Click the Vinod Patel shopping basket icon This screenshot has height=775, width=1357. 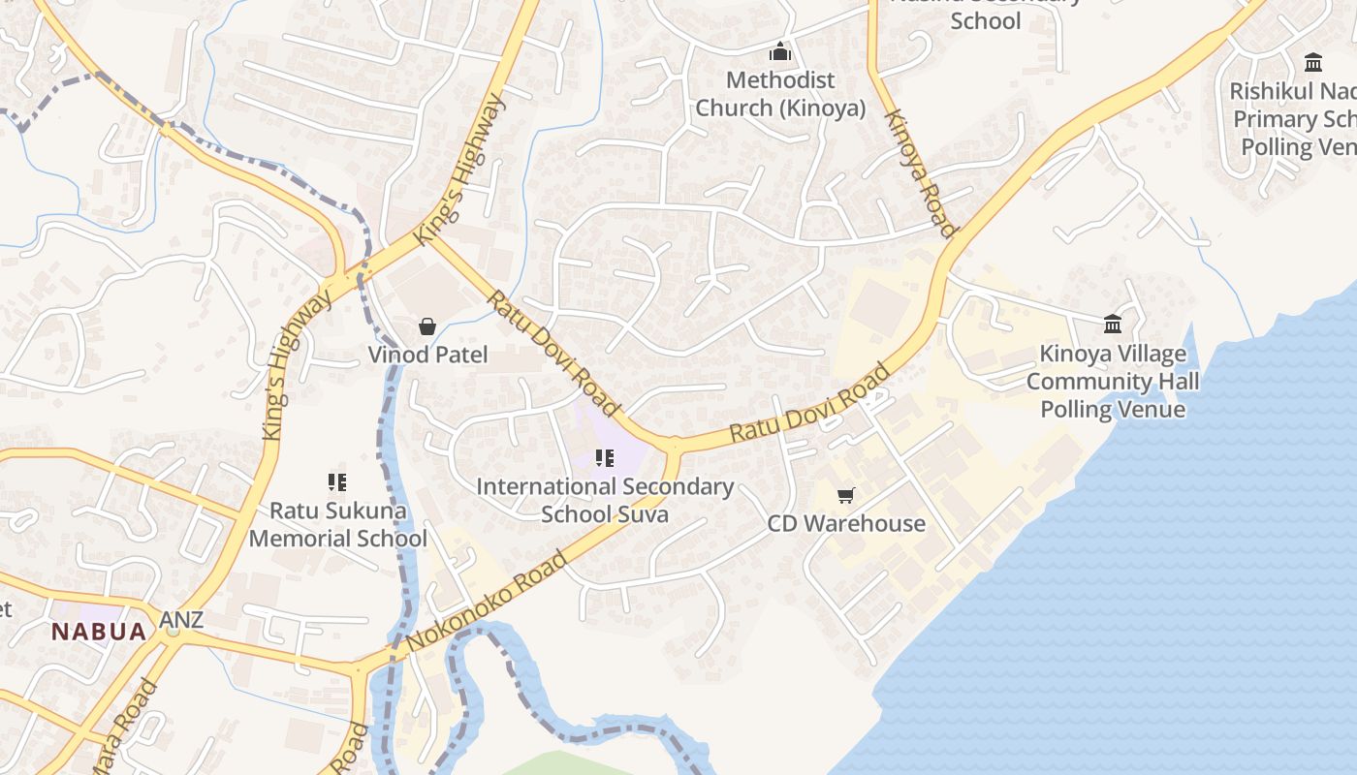coord(426,327)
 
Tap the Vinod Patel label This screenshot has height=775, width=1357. coord(427,355)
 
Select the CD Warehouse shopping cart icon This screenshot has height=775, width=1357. coord(846,496)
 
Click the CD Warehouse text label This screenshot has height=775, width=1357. coord(846,524)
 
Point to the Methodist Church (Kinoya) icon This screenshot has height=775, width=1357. coord(780,52)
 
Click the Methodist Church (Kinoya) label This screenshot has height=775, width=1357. coord(780,94)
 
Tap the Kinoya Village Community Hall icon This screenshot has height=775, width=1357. coord(1113,324)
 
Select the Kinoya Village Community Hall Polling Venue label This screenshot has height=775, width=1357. coord(1113,382)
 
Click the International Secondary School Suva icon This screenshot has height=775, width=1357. coord(605,458)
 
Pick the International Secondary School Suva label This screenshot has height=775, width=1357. coord(605,500)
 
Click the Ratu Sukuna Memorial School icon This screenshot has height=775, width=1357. coord(337,481)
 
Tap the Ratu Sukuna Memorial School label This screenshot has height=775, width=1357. coord(337,524)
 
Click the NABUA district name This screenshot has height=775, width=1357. coord(99,632)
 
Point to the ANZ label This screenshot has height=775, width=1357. coord(182,619)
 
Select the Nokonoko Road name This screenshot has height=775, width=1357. coord(487,601)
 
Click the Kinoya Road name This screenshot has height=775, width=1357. coord(920,172)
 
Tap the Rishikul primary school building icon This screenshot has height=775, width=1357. coord(1313,63)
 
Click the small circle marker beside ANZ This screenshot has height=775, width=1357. coord(174,632)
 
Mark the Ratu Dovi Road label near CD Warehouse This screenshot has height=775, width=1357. coord(809,403)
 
